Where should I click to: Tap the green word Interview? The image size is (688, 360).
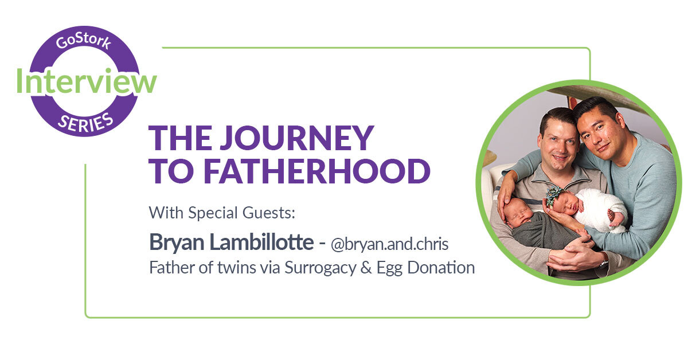[86, 81]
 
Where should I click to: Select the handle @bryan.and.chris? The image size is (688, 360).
[390, 244]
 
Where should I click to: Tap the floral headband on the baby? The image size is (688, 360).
[555, 194]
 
